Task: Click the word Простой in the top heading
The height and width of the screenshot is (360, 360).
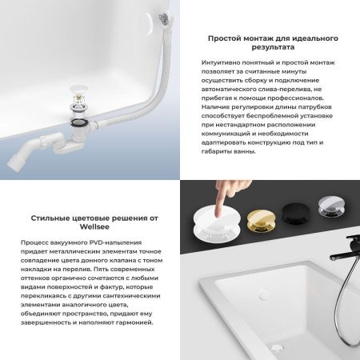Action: [x=227, y=38]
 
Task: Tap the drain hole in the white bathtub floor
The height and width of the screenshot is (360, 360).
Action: [x=275, y=347]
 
